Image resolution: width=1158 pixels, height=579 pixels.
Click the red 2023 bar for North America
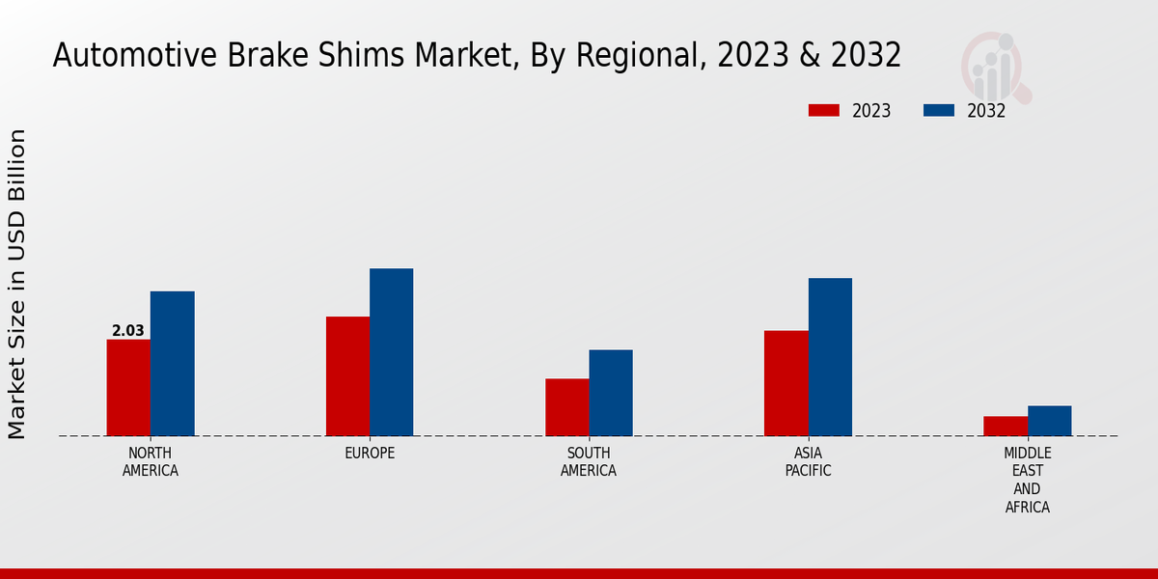pyautogui.click(x=128, y=388)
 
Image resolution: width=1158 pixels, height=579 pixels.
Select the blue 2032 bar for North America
pyautogui.click(x=172, y=364)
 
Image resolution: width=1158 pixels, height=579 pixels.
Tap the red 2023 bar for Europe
pyautogui.click(x=347, y=376)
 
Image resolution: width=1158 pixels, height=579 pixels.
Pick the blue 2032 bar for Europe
pyautogui.click(x=391, y=352)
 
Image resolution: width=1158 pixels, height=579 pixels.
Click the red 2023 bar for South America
pyautogui.click(x=566, y=407)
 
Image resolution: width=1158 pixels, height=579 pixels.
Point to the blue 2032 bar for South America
pyautogui.click(x=611, y=393)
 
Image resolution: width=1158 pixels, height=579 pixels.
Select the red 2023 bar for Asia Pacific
pyautogui.click(x=786, y=383)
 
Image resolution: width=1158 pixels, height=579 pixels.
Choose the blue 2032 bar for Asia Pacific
pyautogui.click(x=830, y=357)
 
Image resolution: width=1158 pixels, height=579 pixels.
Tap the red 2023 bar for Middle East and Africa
pyautogui.click(x=1006, y=426)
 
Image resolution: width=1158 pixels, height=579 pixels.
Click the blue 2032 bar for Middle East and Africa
pyautogui.click(x=1049, y=421)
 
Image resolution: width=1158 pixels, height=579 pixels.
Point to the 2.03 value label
pyautogui.click(x=128, y=331)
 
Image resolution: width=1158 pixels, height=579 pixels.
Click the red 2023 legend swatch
pyautogui.click(x=823, y=110)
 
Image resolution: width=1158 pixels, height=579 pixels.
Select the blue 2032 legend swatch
pyautogui.click(x=938, y=110)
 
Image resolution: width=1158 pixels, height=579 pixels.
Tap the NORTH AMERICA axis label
pyautogui.click(x=151, y=462)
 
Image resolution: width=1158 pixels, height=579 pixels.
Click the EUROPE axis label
pyautogui.click(x=370, y=454)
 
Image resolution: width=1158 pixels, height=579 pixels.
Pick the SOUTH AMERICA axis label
pyautogui.click(x=589, y=462)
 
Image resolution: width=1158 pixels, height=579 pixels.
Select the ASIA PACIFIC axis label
pyautogui.click(x=808, y=462)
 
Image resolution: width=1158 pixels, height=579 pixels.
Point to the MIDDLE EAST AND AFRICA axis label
pyautogui.click(x=1028, y=480)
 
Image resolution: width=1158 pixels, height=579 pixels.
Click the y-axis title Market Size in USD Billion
pyautogui.click(x=17, y=284)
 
